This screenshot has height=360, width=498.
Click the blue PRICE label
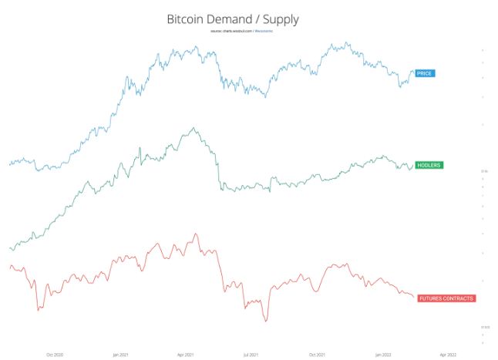[x=425, y=73]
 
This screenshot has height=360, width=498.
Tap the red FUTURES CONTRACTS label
[x=446, y=298]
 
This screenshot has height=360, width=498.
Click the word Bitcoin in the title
[x=187, y=18]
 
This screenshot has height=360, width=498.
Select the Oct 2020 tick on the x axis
[x=54, y=355]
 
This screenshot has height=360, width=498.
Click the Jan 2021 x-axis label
[x=119, y=355]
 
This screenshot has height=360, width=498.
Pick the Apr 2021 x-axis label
[x=185, y=355]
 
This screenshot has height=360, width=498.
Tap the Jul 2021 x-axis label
[x=251, y=355]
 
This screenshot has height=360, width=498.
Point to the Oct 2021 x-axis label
[x=317, y=355]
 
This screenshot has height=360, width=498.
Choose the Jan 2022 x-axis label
[x=383, y=355]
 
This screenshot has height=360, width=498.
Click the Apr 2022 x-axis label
[x=448, y=355]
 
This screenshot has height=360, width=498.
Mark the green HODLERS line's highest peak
[x=193, y=129]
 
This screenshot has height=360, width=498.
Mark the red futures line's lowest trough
[x=266, y=320]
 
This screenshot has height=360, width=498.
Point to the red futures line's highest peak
[x=195, y=234]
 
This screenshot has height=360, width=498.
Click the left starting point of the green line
[x=9, y=248]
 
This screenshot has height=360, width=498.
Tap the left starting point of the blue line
[x=9, y=163]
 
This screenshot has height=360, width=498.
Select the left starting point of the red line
[x=9, y=266]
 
